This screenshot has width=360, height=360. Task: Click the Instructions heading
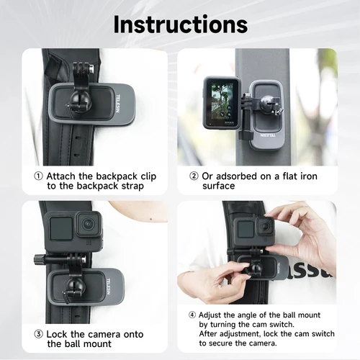coord(180,24)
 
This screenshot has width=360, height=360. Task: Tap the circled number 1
coord(37,176)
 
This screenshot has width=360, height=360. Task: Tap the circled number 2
coord(194,176)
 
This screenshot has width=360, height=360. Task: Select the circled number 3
coord(37,334)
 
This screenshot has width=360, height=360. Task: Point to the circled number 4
coord(192,315)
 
